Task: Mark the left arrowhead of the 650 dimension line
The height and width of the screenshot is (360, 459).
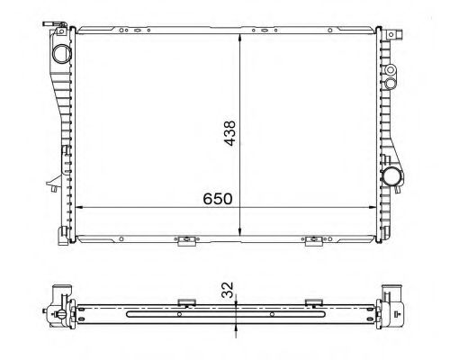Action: click(x=81, y=208)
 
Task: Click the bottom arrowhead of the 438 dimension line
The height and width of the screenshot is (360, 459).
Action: click(x=239, y=237)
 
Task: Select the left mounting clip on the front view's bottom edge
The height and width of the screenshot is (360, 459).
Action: click(x=184, y=240)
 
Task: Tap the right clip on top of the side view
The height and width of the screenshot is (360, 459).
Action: click(x=311, y=301)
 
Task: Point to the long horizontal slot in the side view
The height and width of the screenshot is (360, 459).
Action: click(x=225, y=314)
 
